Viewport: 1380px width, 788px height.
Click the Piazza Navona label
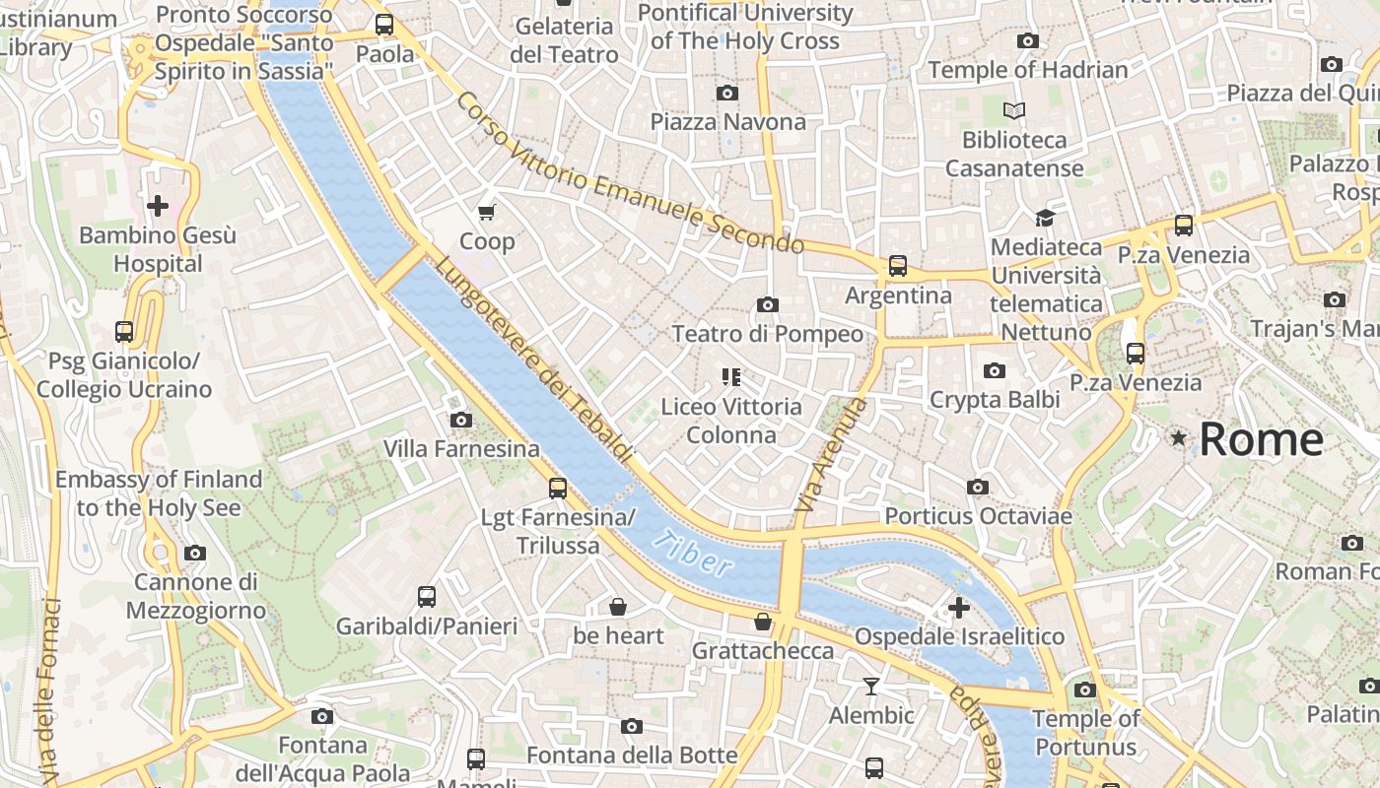coord(727,122)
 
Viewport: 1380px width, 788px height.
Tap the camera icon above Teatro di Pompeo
coord(768,305)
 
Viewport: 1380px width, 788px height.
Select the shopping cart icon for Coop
coord(486,212)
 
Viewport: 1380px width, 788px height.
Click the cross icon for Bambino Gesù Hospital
coord(158,206)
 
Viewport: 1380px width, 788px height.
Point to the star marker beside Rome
coord(1178,437)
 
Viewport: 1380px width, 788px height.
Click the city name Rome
coord(1261,439)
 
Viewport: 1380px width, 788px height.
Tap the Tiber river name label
coord(694,554)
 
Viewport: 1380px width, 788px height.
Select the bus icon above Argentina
coord(898,266)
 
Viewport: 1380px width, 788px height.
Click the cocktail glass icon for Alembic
coord(871,686)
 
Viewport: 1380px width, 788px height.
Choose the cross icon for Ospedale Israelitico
coord(958,608)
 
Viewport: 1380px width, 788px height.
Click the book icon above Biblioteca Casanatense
coord(1014,111)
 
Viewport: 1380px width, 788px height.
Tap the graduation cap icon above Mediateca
coord(1045,218)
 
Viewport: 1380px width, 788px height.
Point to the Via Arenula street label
coord(832,454)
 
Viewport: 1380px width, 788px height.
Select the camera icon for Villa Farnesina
coord(460,421)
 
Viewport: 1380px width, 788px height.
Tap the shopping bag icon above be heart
coord(618,607)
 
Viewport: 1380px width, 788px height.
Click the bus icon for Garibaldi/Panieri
coord(427,597)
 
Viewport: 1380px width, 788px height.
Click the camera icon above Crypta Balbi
coord(995,370)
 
